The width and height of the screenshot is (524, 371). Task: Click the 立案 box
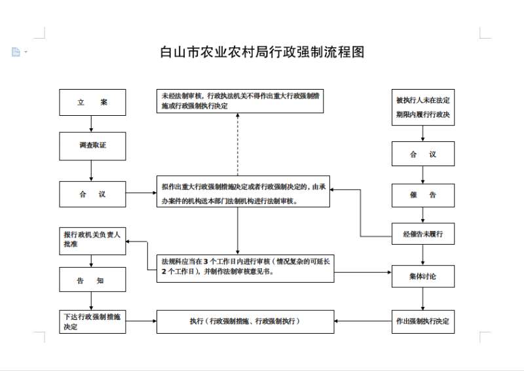pyautogui.click(x=92, y=102)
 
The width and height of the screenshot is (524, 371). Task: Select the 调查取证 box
pyautogui.click(x=92, y=146)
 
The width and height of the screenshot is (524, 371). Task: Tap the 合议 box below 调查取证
pyautogui.click(x=92, y=194)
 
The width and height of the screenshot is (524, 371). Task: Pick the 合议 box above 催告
pyautogui.click(x=423, y=154)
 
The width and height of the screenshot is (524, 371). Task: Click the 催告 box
pyautogui.click(x=423, y=195)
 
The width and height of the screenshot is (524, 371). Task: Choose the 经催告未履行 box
pyautogui.click(x=423, y=234)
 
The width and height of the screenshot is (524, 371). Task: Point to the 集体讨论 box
pyautogui.click(x=423, y=276)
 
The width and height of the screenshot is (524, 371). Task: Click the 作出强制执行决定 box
pyautogui.click(x=423, y=321)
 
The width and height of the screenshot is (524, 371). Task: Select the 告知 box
pyautogui.click(x=92, y=279)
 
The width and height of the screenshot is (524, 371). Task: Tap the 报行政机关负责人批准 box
pyautogui.click(x=92, y=241)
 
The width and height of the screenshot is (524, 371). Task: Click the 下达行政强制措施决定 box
pyautogui.click(x=92, y=321)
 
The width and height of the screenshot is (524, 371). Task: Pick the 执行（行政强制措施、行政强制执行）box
pyautogui.click(x=245, y=321)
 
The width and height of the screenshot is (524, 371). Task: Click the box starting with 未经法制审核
pyautogui.click(x=240, y=101)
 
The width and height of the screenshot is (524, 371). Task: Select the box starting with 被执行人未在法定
pyautogui.click(x=423, y=107)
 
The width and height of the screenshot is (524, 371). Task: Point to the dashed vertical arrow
pyautogui.click(x=238, y=144)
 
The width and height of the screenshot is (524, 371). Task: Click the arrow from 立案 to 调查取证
pyautogui.click(x=91, y=124)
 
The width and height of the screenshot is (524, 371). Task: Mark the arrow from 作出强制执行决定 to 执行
pyautogui.click(x=363, y=321)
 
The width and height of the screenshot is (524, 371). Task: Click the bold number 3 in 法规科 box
pyautogui.click(x=206, y=262)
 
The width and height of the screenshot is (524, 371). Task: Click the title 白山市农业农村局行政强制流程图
pyautogui.click(x=263, y=52)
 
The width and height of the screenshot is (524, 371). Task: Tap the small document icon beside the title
pyautogui.click(x=16, y=52)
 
